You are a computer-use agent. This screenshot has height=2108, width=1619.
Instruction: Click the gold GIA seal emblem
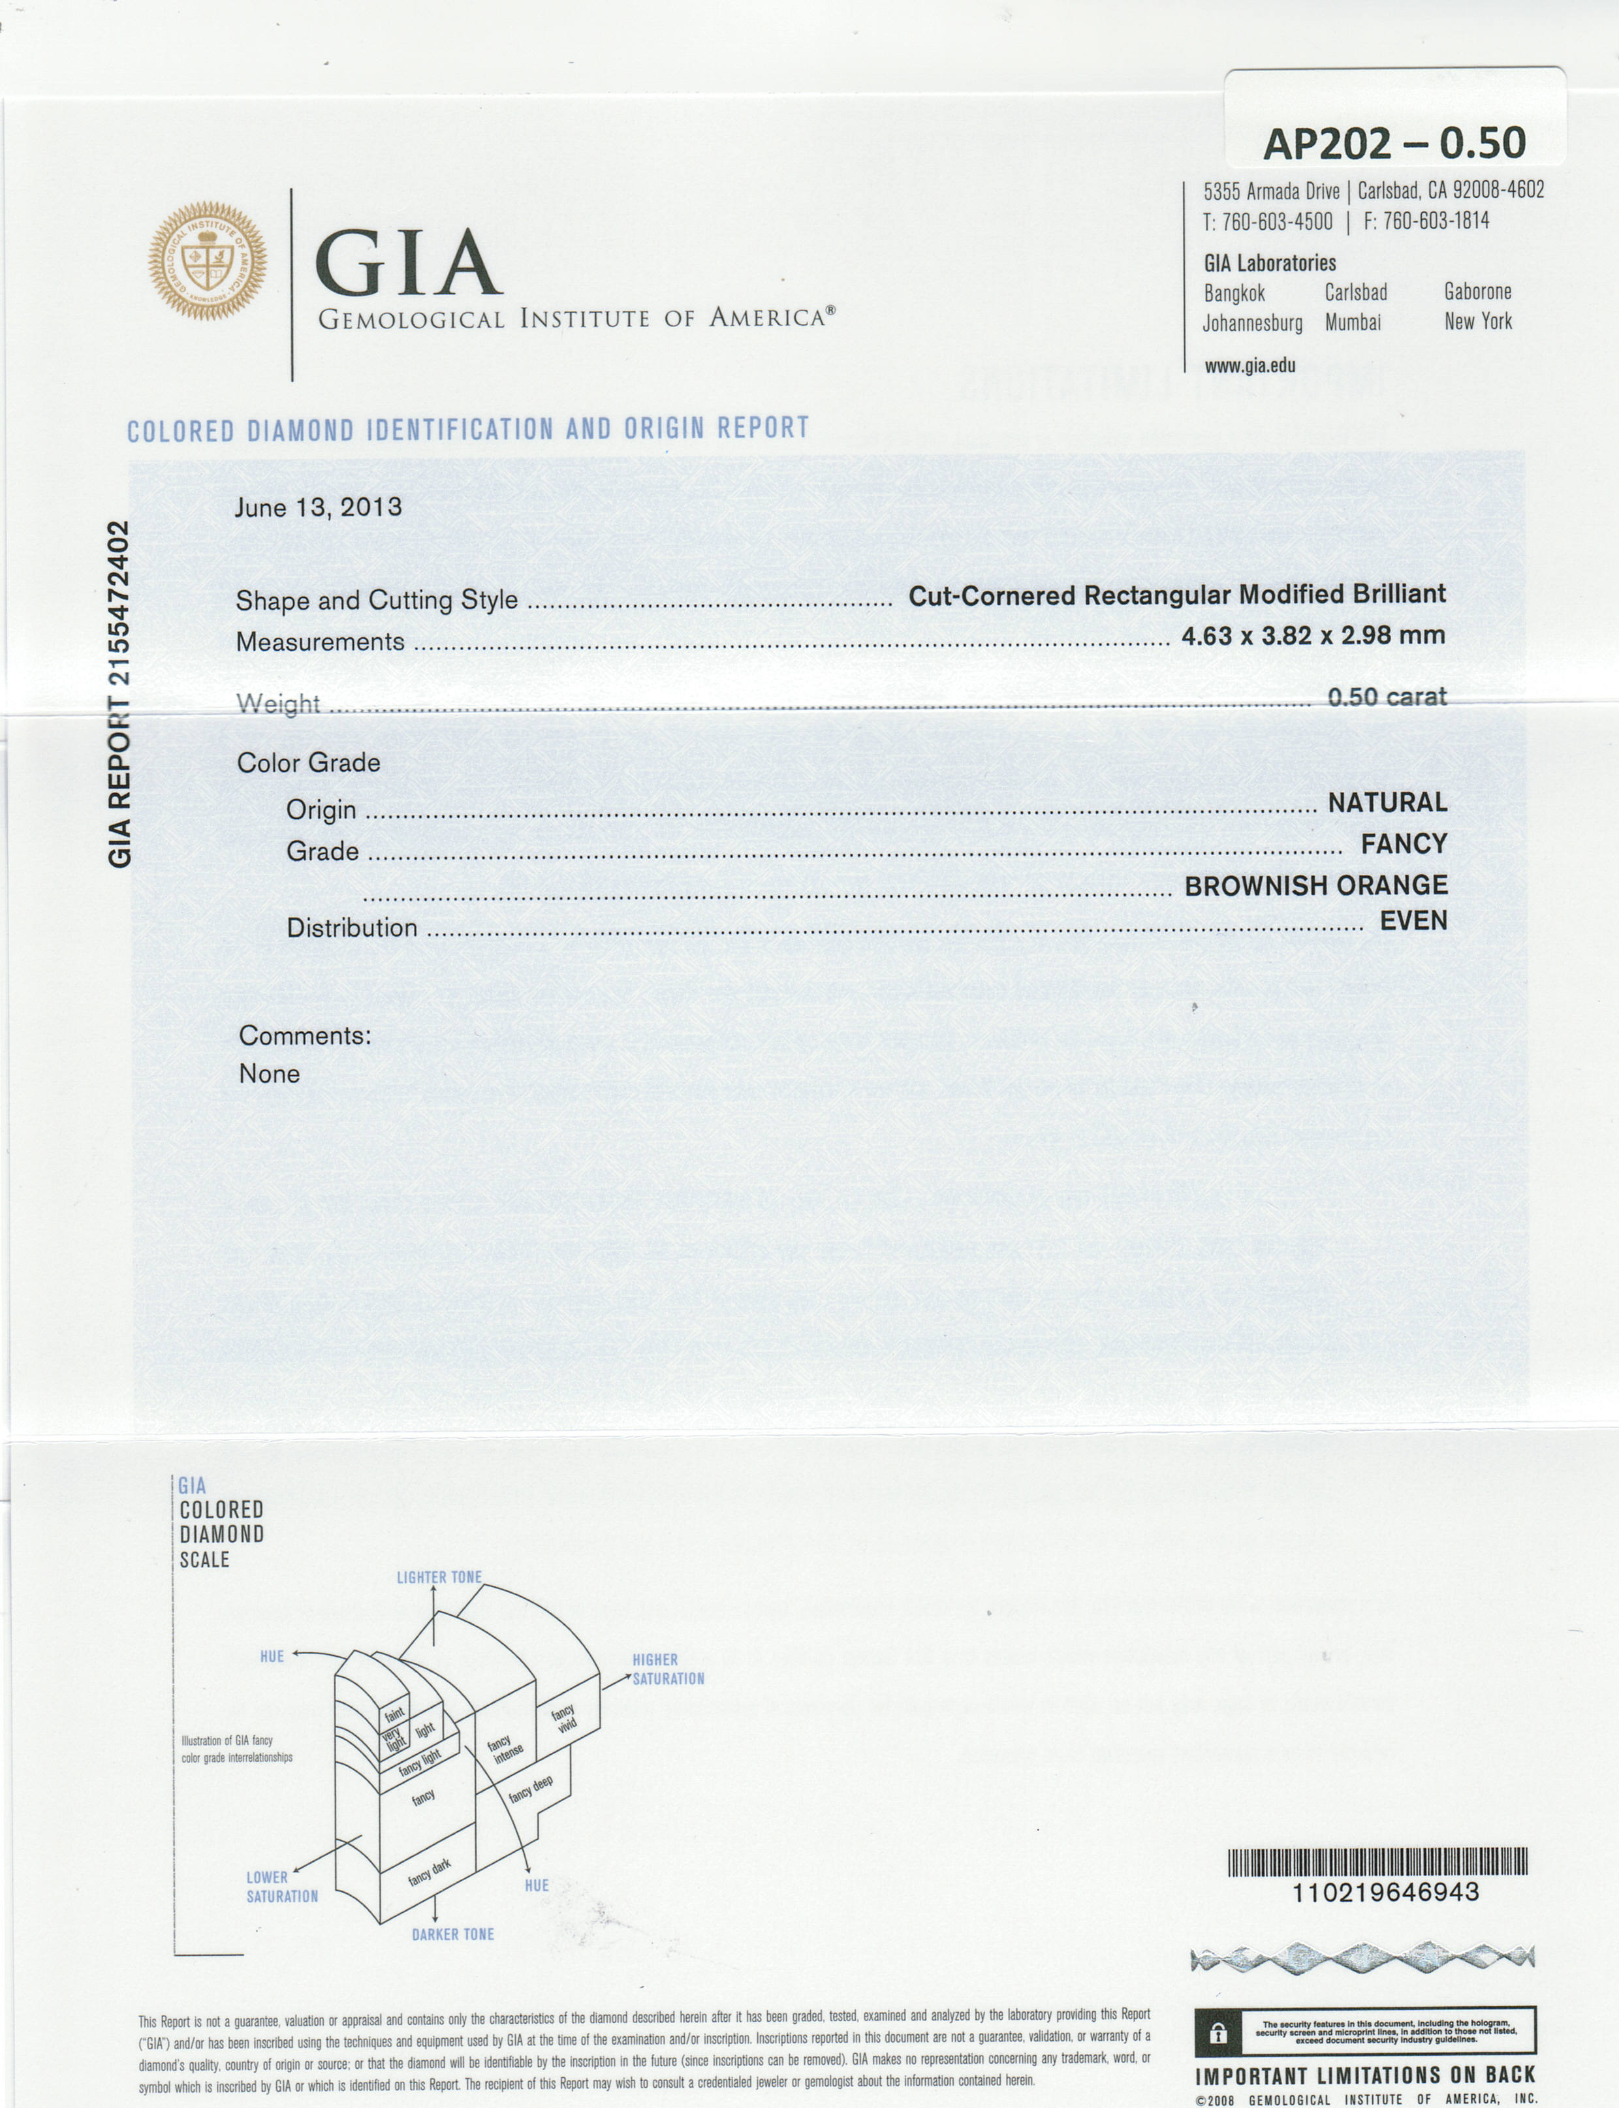tap(207, 261)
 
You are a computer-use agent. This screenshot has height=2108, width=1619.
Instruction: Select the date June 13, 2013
tap(318, 508)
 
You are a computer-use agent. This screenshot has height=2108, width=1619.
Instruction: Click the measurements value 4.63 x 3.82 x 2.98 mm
tap(1313, 636)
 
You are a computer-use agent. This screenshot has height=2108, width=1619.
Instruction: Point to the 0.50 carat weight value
tap(1387, 697)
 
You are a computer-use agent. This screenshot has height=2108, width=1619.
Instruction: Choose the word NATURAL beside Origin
tap(1387, 802)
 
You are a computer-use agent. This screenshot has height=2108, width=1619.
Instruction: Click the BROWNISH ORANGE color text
tap(1315, 885)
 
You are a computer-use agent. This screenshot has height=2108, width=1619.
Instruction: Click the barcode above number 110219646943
tap(1377, 1861)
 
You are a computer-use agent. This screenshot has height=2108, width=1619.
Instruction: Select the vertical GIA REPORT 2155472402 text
tap(119, 694)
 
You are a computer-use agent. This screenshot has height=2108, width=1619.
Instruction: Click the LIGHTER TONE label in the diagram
tap(439, 1577)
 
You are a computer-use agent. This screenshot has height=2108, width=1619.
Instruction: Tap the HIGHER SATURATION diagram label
tap(667, 1669)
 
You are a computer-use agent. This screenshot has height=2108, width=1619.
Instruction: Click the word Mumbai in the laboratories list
tap(1352, 322)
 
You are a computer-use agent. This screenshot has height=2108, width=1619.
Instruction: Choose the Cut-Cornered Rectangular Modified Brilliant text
tap(1176, 595)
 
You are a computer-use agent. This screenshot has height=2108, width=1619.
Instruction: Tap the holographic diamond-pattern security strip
tap(1362, 1959)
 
